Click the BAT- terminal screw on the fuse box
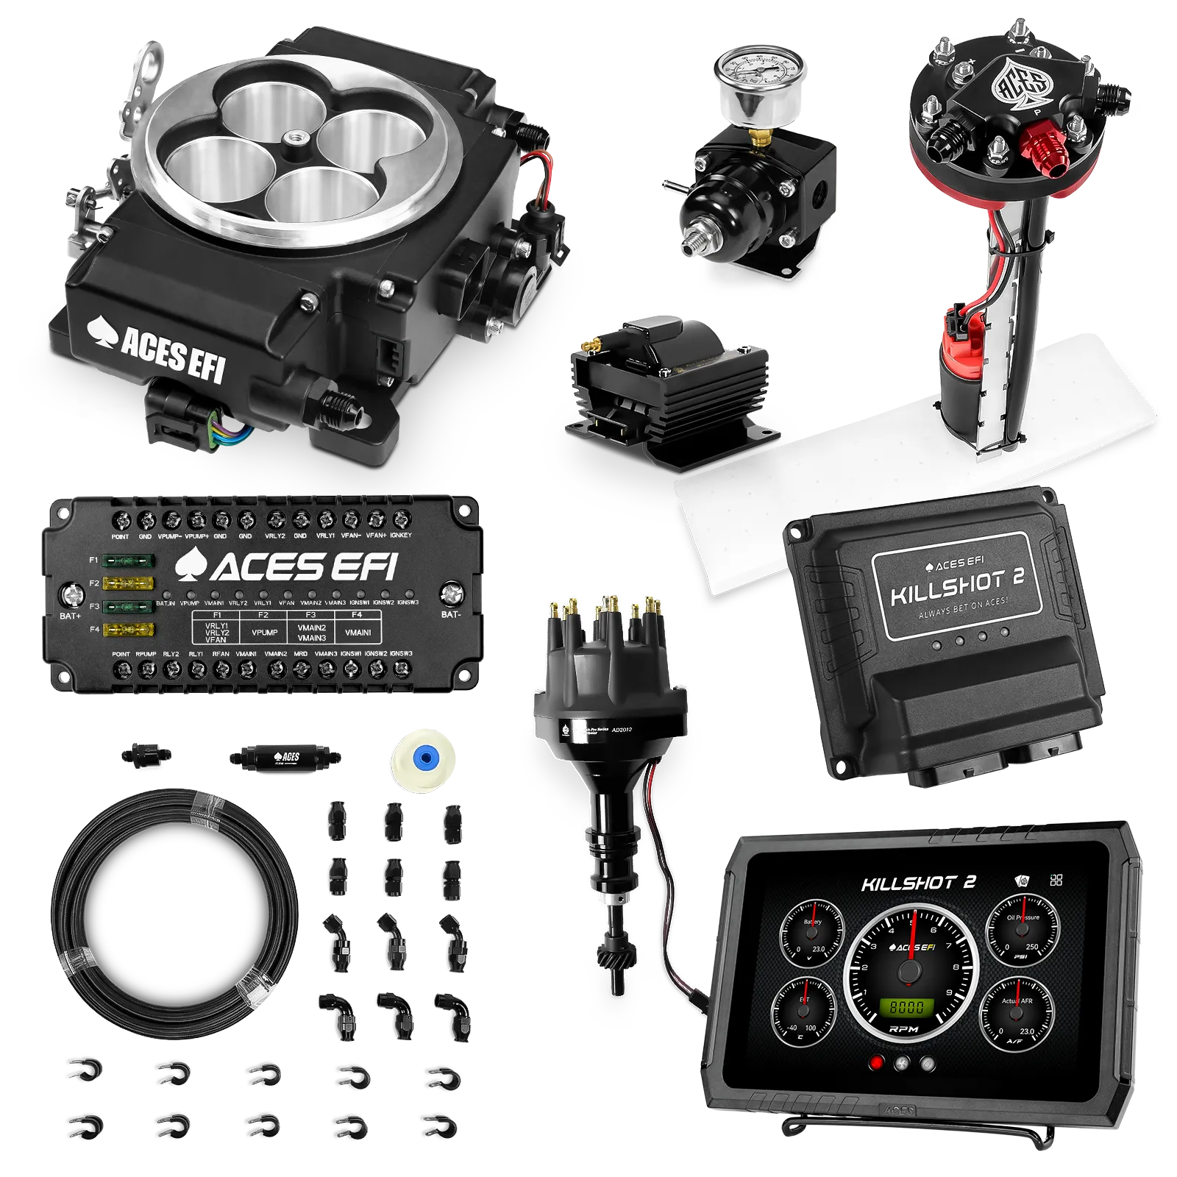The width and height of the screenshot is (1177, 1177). [x=451, y=593]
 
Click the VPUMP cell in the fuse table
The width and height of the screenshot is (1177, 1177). [x=263, y=632]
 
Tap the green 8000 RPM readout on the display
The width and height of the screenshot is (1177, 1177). [x=911, y=1006]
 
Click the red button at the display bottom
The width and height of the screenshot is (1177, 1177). [x=876, y=1062]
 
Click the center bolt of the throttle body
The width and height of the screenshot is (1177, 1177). [x=298, y=137]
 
